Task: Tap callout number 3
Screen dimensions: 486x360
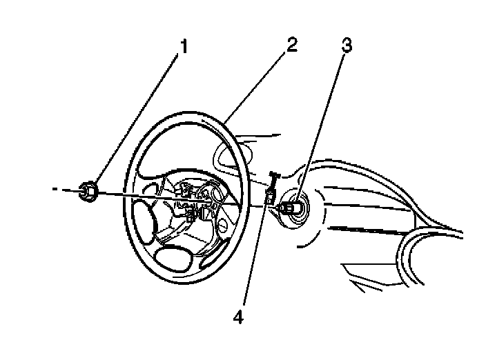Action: [x=347, y=47]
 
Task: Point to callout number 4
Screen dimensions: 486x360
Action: [x=239, y=318]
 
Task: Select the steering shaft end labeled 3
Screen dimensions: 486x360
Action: [x=290, y=206]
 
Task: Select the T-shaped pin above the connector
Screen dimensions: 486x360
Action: [x=273, y=179]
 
